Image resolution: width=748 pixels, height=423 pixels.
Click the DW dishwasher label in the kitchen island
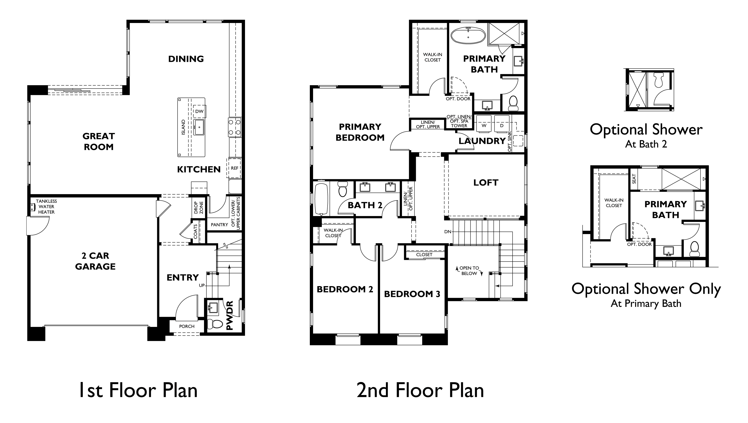click(199, 111)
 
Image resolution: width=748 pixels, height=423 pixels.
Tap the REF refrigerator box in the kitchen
click(234, 168)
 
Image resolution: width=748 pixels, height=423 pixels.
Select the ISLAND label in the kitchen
click(183, 127)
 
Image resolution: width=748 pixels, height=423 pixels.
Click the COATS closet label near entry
click(195, 231)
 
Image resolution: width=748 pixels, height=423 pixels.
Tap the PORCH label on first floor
click(186, 326)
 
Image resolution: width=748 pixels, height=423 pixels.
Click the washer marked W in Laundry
click(484, 126)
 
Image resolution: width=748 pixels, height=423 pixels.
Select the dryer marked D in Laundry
click(501, 126)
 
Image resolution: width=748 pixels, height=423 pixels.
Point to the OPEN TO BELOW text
click(469, 271)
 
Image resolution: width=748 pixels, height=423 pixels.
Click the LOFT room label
click(486, 183)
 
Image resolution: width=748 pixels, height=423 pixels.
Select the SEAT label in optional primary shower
click(634, 179)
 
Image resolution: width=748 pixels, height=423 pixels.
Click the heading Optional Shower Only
click(646, 289)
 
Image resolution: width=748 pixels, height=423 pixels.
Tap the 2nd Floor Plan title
click(420, 390)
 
